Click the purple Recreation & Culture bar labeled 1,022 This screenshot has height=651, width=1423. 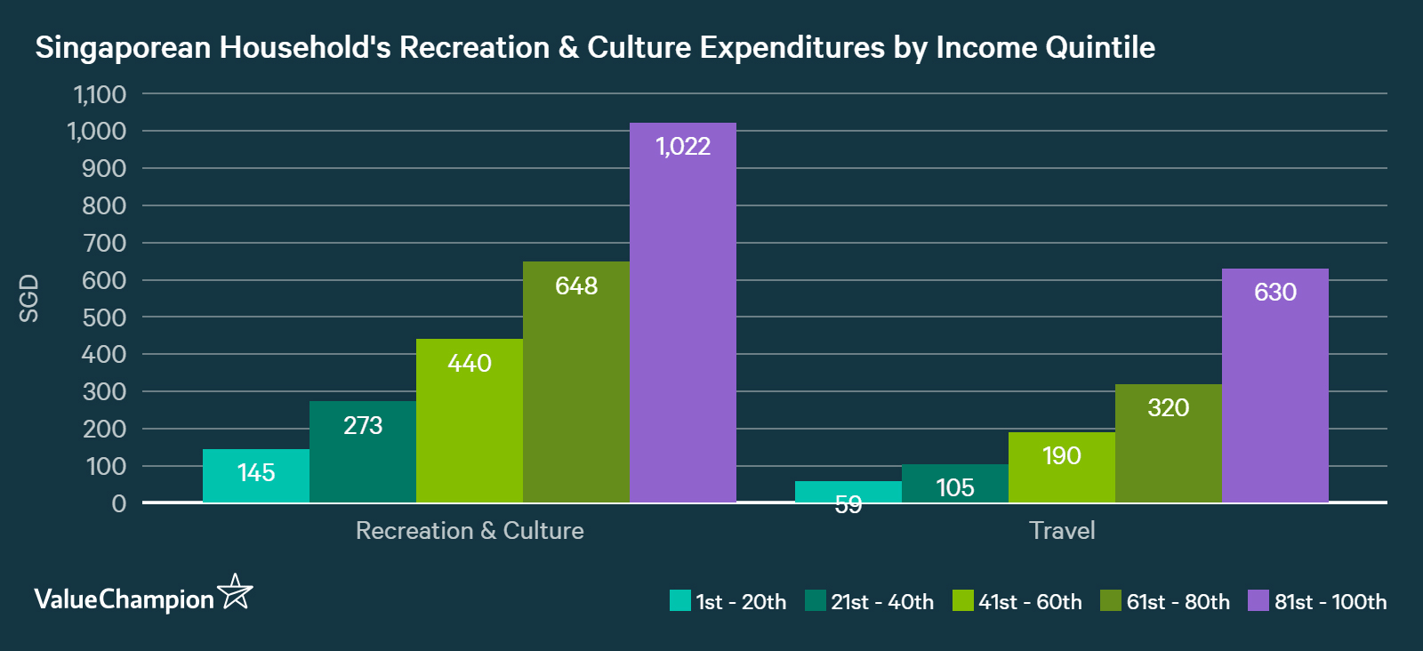682,311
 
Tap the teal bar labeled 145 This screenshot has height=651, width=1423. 256,476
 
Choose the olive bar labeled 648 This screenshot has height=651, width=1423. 576,382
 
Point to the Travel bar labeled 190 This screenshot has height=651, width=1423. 1061,467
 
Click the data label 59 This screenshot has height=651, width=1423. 848,505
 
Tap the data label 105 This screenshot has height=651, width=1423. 955,487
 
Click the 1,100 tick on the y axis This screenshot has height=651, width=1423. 100,94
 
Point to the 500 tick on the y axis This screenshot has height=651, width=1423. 104,317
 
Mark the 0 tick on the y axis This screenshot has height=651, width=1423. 119,503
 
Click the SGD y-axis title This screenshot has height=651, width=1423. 29,298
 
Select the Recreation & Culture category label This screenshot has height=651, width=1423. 470,531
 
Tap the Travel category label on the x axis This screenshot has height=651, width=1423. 1062,531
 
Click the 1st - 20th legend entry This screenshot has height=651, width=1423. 728,602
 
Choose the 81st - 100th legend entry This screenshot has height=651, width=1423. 1317,602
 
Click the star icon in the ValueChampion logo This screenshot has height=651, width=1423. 236,592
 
